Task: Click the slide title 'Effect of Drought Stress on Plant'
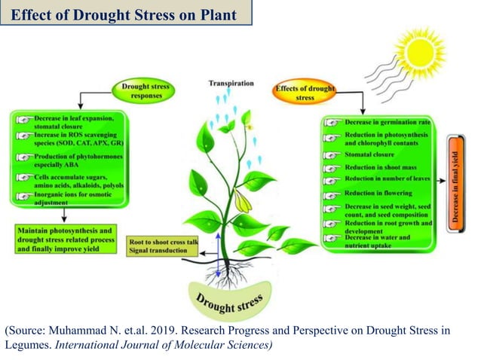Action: point(124,14)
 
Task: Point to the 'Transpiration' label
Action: point(230,83)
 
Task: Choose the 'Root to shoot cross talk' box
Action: point(164,246)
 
